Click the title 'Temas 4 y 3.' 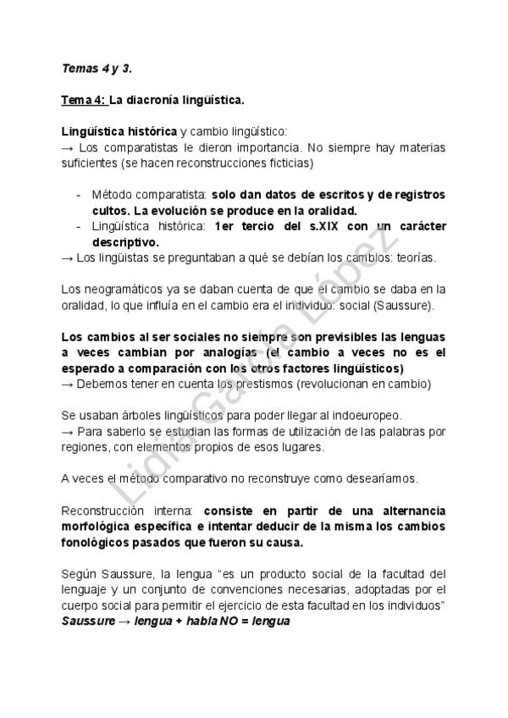point(96,69)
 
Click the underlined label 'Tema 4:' point(84,100)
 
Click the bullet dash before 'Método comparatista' point(79,195)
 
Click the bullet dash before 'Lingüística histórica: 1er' point(79,226)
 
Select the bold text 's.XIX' point(329,226)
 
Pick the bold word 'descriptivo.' point(125,242)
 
